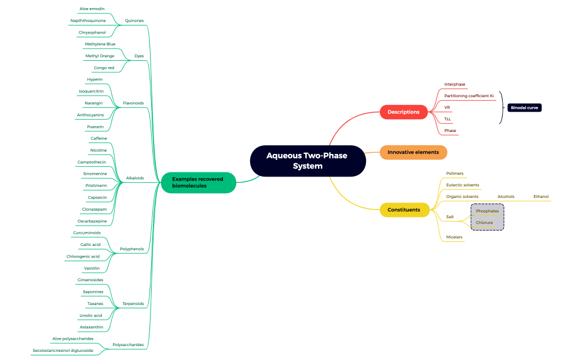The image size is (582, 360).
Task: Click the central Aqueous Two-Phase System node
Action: tap(308, 160)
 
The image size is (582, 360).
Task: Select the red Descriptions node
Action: tap(403, 112)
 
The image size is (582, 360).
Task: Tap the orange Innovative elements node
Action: tap(413, 152)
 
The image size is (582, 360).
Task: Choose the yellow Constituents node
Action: tap(404, 210)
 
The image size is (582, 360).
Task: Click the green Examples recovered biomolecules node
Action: tap(197, 182)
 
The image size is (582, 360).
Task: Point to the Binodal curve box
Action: tap(524, 108)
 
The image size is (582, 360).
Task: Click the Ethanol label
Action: tap(541, 197)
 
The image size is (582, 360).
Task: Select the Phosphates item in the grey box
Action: tap(487, 211)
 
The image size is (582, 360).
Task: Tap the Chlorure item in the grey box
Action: tap(484, 222)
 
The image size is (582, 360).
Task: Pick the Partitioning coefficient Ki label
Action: tap(468, 95)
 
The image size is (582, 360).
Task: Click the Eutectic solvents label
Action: tap(462, 185)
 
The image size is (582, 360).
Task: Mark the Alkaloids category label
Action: tap(134, 178)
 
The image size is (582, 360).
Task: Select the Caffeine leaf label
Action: tap(98, 138)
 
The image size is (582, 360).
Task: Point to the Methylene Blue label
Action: tap(100, 44)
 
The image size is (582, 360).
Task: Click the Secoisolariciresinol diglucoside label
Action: tap(64, 350)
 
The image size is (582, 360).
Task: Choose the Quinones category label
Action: tap(134, 21)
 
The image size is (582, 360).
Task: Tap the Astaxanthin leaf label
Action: tap(92, 327)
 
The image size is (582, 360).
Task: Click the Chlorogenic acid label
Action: tap(83, 256)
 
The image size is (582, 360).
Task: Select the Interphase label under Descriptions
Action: tap(455, 85)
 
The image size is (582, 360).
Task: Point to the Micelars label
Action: tap(454, 237)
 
